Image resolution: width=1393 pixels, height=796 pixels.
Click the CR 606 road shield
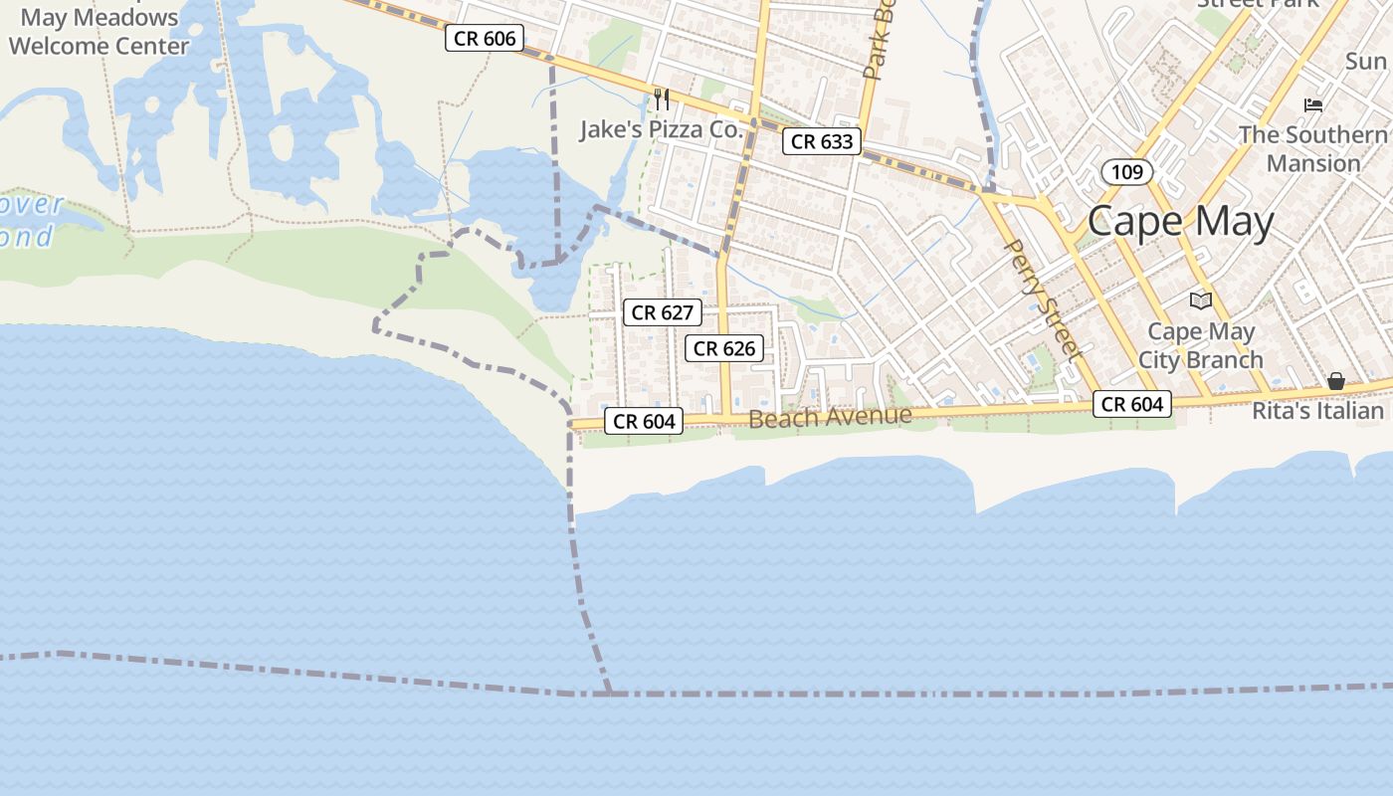[485, 39]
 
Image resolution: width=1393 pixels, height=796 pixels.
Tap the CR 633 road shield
[822, 141]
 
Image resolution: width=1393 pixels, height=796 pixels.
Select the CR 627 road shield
[663, 312]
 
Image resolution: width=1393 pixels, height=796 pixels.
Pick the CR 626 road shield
[726, 348]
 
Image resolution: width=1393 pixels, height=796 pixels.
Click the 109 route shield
[1126, 172]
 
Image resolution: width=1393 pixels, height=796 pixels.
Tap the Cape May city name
[1180, 221]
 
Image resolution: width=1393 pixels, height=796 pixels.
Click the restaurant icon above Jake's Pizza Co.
[661, 99]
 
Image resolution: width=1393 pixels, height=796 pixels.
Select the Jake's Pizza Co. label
[662, 129]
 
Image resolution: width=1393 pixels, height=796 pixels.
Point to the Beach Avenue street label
[830, 417]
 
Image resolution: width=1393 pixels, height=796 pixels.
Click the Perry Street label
[1042, 298]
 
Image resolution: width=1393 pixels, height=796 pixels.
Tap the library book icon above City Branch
[1201, 300]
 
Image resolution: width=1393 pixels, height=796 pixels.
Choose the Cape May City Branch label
[1201, 345]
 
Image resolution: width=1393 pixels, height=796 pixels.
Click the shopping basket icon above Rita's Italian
[1335, 381]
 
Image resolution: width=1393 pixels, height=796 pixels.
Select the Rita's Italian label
[1317, 410]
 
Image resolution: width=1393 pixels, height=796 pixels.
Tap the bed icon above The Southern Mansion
[1313, 104]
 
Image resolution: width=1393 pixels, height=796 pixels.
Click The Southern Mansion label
[1313, 148]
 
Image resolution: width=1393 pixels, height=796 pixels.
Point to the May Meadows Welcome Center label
[99, 32]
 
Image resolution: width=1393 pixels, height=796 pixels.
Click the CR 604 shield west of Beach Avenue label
[645, 422]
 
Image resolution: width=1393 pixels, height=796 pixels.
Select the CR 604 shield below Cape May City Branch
[1132, 404]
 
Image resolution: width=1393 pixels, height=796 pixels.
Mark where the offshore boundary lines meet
[609, 693]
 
